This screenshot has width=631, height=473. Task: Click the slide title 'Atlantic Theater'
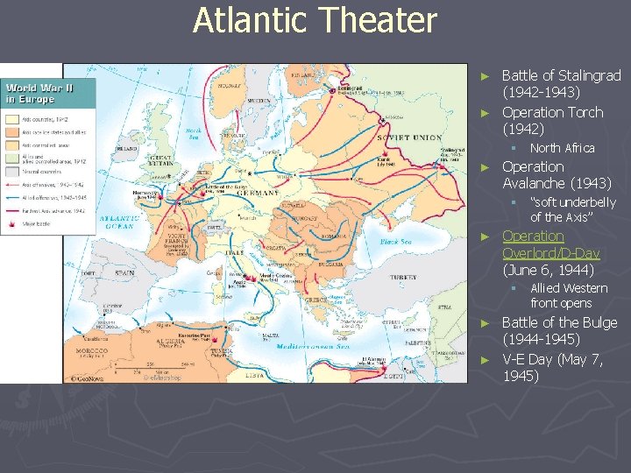(x=315, y=20)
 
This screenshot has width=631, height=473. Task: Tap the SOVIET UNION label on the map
(x=408, y=138)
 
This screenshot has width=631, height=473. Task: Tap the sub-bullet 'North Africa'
(x=562, y=148)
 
